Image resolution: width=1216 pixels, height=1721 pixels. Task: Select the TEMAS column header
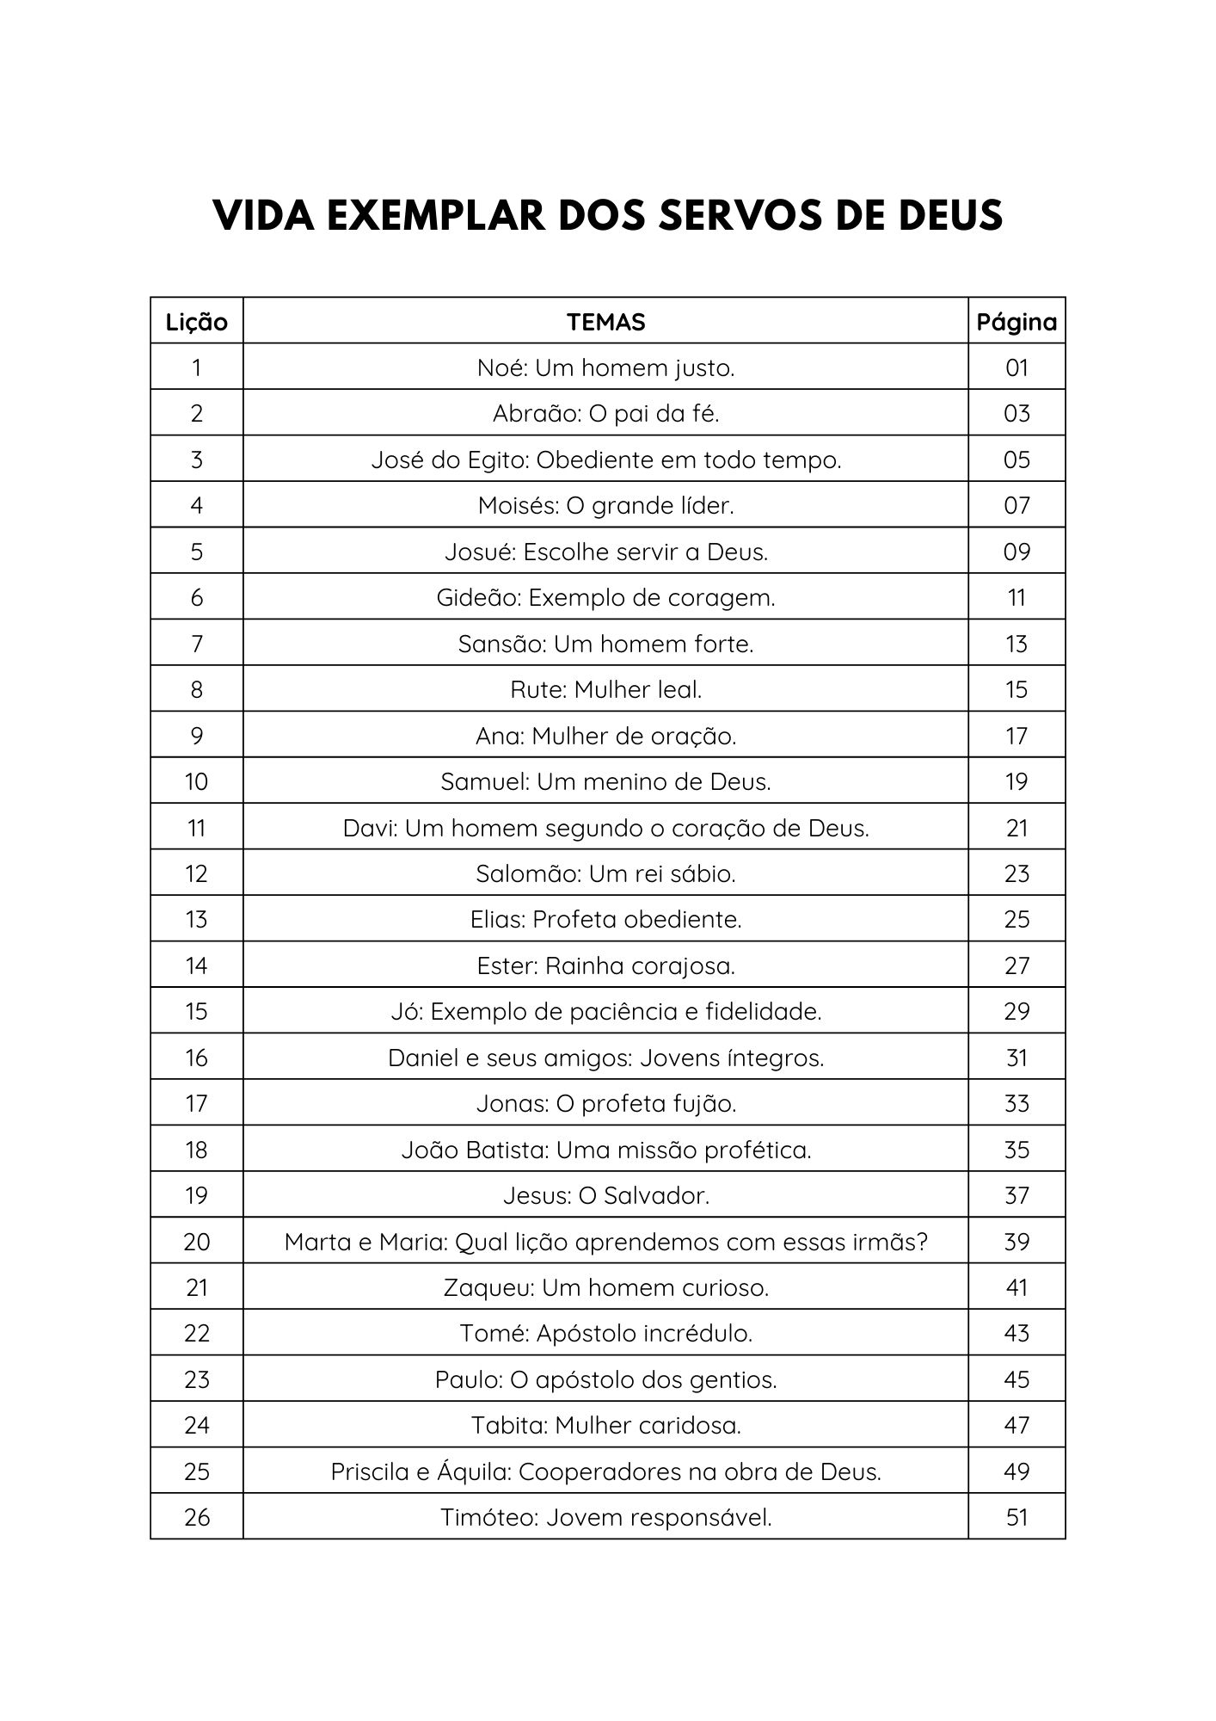[x=605, y=322]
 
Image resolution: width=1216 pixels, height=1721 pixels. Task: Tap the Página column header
[x=1016, y=322]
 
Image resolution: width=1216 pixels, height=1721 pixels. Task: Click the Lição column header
[x=197, y=322]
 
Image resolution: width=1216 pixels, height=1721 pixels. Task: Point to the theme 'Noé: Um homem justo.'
[x=605, y=368]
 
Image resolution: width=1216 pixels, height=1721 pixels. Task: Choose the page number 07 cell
[x=1016, y=506]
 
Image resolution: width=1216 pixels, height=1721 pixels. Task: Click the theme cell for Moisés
[x=605, y=506]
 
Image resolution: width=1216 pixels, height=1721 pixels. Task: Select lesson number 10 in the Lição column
[x=197, y=781]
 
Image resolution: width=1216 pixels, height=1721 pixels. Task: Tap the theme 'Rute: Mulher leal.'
[x=605, y=689]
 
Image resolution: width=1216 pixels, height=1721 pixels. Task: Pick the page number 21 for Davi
[x=1016, y=828]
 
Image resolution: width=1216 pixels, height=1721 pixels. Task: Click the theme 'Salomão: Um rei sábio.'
[x=605, y=874]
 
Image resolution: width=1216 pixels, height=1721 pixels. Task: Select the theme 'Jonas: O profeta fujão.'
[x=605, y=1103]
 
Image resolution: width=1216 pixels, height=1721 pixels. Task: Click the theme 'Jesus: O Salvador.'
[x=605, y=1195]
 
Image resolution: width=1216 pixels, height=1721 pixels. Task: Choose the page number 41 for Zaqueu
[x=1016, y=1287]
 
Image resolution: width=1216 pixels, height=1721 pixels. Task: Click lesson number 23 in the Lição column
[x=197, y=1379]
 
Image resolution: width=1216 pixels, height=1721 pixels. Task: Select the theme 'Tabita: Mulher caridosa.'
[x=605, y=1425]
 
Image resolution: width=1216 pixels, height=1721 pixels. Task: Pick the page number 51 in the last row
[x=1016, y=1517]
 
